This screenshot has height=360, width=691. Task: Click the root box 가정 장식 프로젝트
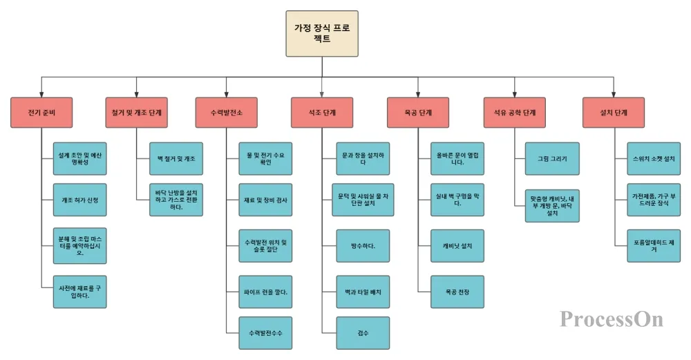[322, 33]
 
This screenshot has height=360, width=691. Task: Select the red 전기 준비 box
[42, 113]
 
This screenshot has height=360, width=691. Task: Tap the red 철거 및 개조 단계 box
[136, 113]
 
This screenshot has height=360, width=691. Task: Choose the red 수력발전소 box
[227, 113]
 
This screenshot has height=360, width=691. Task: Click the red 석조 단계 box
[323, 113]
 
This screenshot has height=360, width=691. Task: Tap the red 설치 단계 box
[615, 113]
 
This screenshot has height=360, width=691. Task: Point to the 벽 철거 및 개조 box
[176, 159]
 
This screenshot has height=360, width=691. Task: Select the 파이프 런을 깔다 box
[266, 292]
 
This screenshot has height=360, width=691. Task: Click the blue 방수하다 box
[363, 246]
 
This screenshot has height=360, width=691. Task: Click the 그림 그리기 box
[552, 159]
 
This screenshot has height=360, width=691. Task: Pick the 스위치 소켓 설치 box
[654, 159]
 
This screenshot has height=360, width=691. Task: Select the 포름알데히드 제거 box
[654, 246]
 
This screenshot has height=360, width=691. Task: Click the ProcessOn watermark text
[611, 319]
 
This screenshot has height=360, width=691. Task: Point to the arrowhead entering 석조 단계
[323, 94]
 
